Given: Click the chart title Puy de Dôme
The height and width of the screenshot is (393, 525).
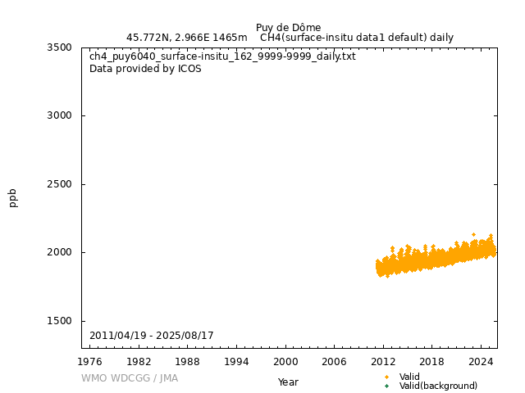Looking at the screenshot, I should [288, 28].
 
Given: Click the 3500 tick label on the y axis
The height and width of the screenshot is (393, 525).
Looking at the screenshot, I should [59, 47].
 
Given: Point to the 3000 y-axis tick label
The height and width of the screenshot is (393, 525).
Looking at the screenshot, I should [59, 115].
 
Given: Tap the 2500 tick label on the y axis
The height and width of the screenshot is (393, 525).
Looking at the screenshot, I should [59, 184].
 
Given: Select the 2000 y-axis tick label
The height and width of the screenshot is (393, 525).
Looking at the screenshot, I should [59, 252].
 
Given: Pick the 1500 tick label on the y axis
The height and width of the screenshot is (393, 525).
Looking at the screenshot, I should [59, 321].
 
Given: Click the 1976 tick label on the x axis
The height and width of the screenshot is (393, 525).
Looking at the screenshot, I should [90, 361].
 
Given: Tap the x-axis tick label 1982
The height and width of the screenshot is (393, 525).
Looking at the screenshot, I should [139, 361].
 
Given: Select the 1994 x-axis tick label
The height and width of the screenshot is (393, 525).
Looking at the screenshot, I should [236, 361].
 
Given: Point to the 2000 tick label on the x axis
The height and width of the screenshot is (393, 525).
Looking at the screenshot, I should [285, 361].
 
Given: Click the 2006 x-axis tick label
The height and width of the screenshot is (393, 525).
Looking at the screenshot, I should [334, 361].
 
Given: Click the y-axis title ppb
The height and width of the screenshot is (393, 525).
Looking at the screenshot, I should [13, 197].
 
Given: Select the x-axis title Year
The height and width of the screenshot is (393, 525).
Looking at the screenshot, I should [288, 382].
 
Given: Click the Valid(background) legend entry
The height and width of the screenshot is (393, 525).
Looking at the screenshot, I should [438, 386].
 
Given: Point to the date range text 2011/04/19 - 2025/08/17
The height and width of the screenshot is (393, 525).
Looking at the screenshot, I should [152, 336].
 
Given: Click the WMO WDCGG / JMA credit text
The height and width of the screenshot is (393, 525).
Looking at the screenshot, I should [130, 378].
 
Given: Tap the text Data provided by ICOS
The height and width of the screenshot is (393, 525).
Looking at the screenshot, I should [145, 69].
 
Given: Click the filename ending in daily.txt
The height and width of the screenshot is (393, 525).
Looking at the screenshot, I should [222, 56].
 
